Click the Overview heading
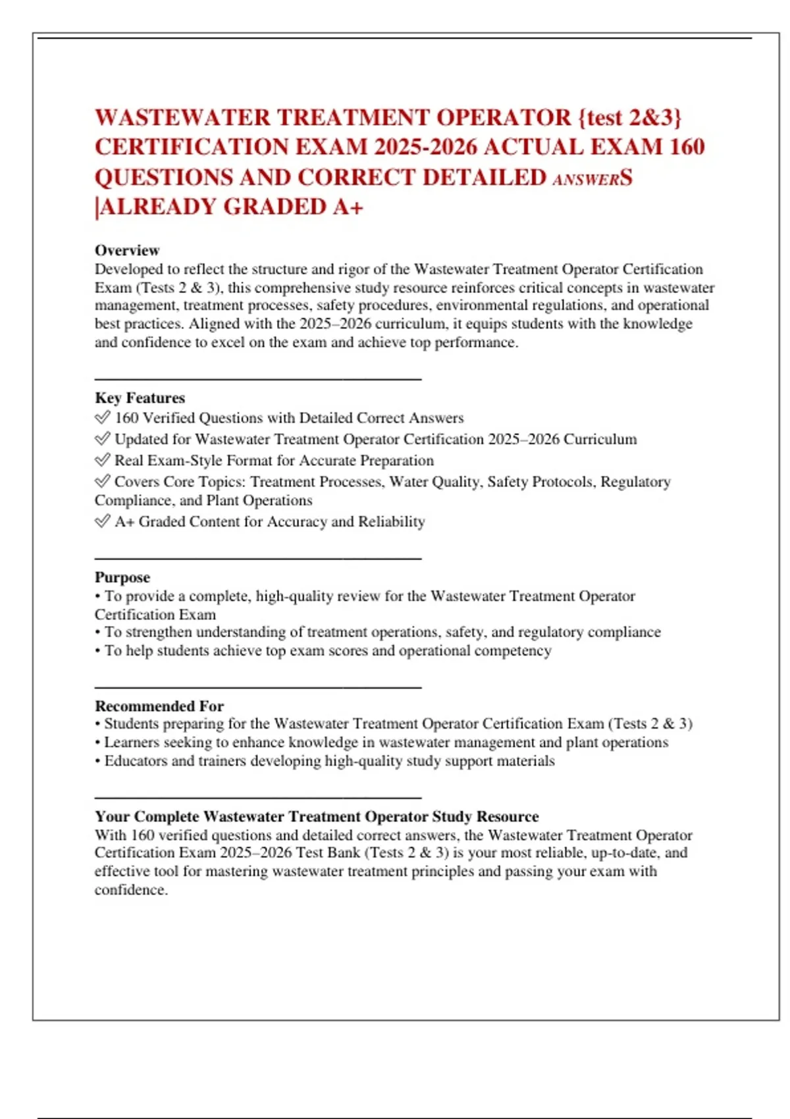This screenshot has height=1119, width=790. (x=127, y=251)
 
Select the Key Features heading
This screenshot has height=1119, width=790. (x=140, y=398)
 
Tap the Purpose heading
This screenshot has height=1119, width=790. (x=122, y=577)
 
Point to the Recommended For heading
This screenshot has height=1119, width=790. (x=159, y=706)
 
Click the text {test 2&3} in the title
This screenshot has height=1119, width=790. (x=629, y=118)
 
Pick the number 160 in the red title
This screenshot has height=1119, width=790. (x=687, y=147)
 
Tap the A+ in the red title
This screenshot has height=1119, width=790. (x=348, y=207)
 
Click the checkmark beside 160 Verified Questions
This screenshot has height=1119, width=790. (x=102, y=417)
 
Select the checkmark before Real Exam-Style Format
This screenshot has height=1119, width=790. (x=102, y=459)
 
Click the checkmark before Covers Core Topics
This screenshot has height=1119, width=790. (x=102, y=481)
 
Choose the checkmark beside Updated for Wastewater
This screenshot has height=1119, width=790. (x=102, y=438)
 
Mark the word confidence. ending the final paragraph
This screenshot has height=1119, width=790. (x=131, y=890)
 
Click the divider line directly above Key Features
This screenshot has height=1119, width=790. (x=257, y=379)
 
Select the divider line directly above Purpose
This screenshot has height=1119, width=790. (x=257, y=559)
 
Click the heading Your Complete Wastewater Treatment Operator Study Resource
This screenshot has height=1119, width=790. (x=317, y=817)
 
